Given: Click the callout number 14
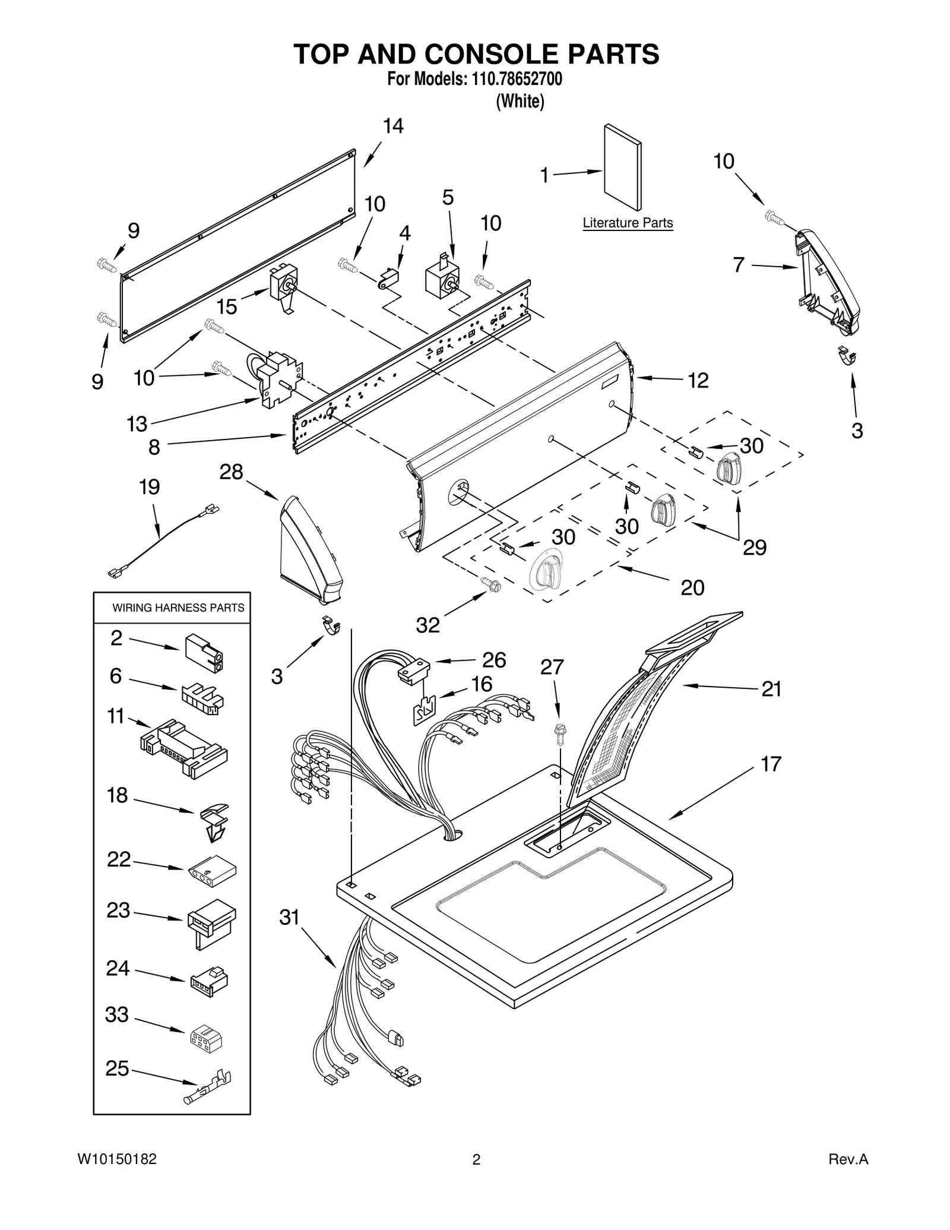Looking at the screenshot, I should pos(393,126).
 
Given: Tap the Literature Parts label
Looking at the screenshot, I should pos(628,223).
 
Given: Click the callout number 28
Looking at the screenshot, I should pos(231,472).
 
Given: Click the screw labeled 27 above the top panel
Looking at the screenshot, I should pos(559,734).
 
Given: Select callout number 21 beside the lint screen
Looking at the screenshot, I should pos(771,689).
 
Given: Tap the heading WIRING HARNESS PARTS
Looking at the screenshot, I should pos(178,608).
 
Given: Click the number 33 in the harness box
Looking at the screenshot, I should pos(117,1015).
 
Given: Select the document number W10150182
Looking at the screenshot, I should pos(116,1159).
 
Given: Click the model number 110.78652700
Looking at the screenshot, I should pos(516,79).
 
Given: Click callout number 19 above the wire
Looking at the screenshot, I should pos(149,487).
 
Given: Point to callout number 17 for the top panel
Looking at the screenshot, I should pos(771,764).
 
